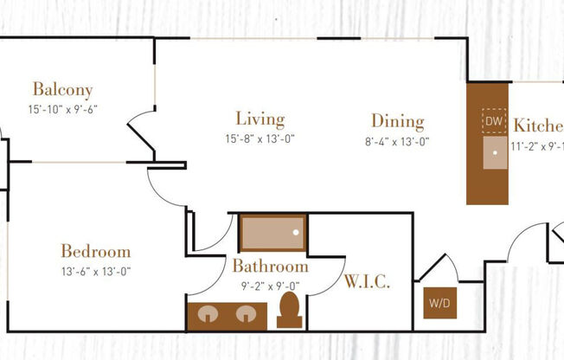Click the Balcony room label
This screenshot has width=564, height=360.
[x=62, y=89]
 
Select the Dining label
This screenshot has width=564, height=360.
[x=398, y=121]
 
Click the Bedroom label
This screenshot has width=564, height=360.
[x=95, y=252]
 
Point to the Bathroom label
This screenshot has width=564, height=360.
[x=270, y=266]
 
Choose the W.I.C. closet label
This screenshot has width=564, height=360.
[x=367, y=282]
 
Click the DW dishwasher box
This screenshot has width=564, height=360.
[x=493, y=122]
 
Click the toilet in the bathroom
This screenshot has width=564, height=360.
[x=289, y=310]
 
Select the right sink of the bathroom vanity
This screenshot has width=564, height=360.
[x=246, y=313]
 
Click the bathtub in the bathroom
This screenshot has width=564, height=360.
[x=272, y=233]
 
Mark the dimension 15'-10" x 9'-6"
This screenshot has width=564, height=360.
[x=61, y=109]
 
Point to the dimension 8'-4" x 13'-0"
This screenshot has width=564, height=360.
[x=398, y=141]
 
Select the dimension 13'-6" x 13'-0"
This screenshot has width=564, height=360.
[x=95, y=272]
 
